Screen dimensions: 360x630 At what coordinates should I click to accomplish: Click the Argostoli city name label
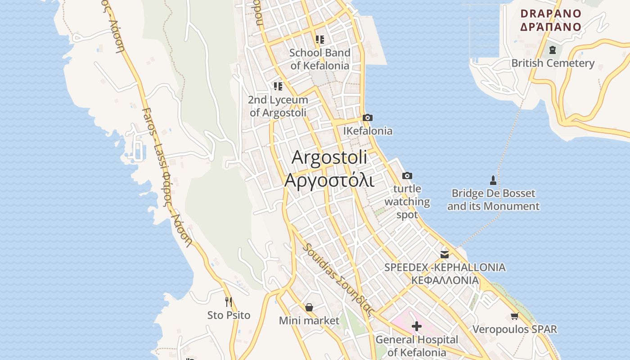tap(329, 157)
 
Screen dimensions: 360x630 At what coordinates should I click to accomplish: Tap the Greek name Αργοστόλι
tap(329, 180)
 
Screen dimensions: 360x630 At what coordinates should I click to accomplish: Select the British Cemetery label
tap(553, 63)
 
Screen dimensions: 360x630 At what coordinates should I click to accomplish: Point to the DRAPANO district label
tap(551, 13)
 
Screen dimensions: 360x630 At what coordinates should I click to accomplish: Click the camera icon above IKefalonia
tap(368, 118)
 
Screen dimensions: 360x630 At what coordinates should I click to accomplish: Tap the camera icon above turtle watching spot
tap(407, 175)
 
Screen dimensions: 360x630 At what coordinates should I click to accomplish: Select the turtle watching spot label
tap(407, 202)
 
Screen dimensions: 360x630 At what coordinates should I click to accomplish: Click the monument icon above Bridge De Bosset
tap(493, 180)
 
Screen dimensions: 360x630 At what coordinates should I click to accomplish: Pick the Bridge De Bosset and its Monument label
tap(493, 200)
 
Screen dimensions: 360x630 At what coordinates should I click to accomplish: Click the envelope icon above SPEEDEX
tap(445, 255)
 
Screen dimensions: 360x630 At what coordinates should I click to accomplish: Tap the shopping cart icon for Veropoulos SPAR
tap(514, 316)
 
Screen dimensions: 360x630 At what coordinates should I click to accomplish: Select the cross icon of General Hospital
tap(417, 326)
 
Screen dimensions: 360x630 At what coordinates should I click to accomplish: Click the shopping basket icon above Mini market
tap(309, 307)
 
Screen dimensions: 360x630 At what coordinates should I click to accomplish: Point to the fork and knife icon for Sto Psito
tap(229, 301)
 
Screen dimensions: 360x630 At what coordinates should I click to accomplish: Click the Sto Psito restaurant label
tap(229, 315)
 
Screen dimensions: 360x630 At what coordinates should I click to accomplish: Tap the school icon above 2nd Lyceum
tap(278, 86)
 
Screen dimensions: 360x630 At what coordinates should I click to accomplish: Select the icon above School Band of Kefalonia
tap(320, 40)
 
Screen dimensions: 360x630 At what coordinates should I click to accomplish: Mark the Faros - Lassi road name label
tap(166, 175)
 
